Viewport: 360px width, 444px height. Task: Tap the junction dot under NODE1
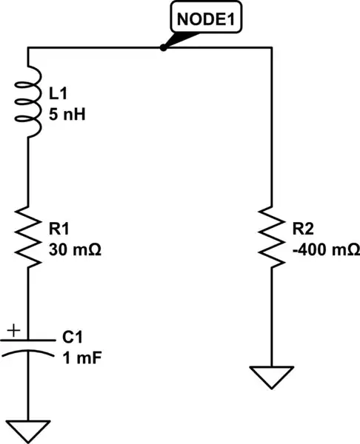[162, 49]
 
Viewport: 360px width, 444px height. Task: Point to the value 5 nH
[65, 115]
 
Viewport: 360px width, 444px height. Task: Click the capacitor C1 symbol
[27, 345]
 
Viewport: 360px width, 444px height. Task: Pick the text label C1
[72, 337]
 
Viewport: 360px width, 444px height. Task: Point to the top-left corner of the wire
[27, 49]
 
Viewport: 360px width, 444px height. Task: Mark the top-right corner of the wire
[271, 49]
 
